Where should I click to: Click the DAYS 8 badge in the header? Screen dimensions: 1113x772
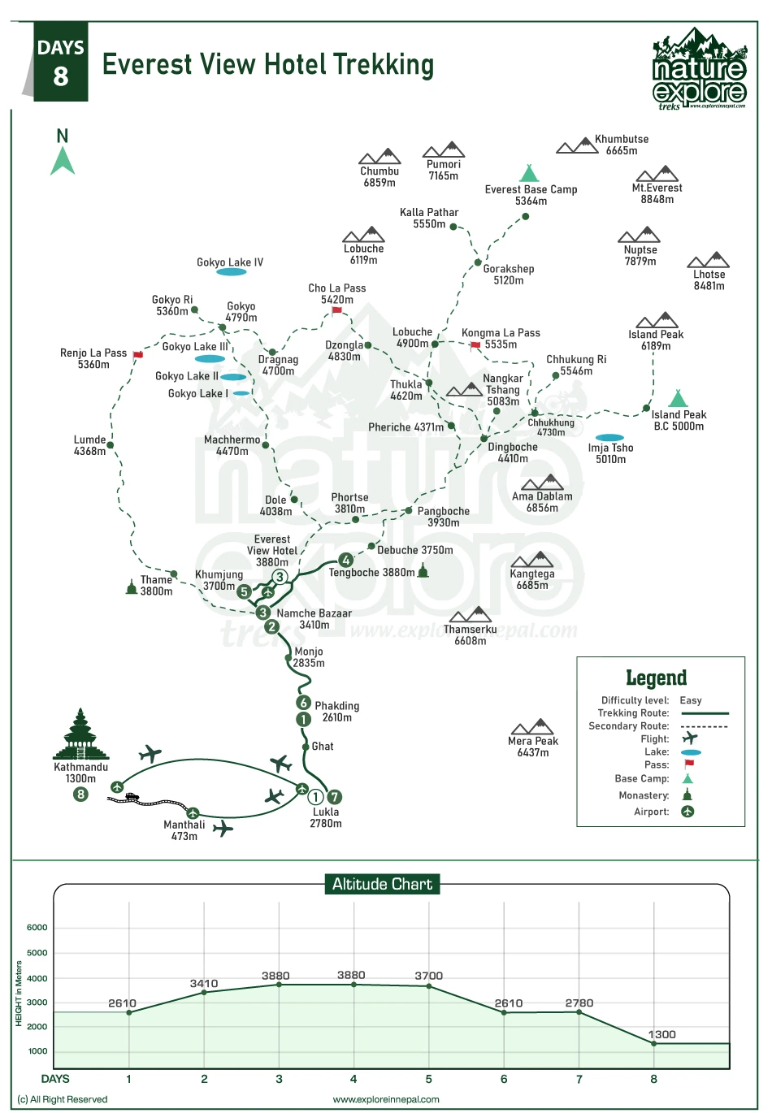(61, 63)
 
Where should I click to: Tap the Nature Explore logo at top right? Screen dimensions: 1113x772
(699, 69)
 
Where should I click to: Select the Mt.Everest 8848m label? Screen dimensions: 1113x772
(657, 193)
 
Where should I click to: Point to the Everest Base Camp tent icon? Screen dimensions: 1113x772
(529, 173)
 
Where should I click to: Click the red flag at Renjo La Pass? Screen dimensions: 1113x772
(138, 355)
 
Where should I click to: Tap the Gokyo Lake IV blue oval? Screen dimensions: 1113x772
(232, 272)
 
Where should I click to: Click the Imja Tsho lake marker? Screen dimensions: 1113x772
(609, 438)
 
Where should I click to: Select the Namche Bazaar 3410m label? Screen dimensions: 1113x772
(314, 619)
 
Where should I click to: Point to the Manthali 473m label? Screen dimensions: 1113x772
(184, 830)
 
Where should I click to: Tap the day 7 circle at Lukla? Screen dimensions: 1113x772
(334, 797)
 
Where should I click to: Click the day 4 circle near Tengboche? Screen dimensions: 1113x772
(346, 560)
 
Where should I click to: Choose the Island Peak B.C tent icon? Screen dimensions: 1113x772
(677, 398)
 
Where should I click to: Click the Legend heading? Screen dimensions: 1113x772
(656, 678)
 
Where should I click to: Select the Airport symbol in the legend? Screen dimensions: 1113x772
(687, 812)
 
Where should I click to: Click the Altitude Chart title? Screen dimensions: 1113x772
(382, 884)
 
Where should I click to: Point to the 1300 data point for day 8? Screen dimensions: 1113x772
(654, 1043)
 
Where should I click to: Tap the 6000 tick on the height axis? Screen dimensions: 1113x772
(37, 928)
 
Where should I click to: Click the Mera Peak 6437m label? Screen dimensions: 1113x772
(532, 747)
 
